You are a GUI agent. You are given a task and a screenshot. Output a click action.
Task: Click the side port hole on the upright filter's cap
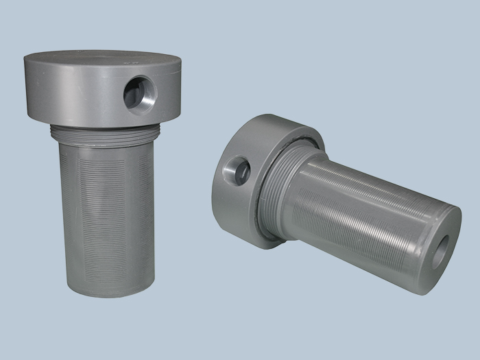[x=140, y=94]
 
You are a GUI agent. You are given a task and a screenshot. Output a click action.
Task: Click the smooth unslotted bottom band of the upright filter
[x=110, y=274]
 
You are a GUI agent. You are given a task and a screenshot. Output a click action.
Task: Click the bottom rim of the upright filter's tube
[x=110, y=293]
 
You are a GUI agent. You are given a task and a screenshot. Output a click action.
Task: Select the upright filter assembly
[x=103, y=171]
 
